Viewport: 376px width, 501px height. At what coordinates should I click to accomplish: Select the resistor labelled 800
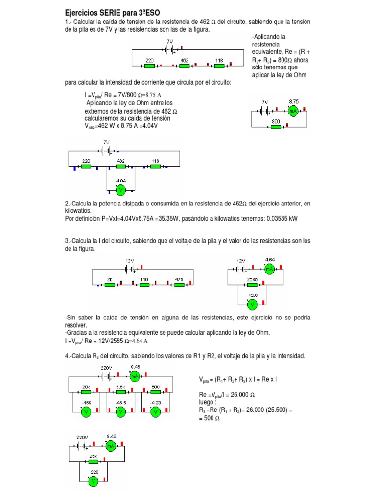click(x=276, y=127)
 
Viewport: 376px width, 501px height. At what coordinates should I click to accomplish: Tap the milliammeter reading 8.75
click(x=293, y=111)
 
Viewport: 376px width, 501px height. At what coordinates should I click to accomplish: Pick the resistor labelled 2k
click(x=110, y=285)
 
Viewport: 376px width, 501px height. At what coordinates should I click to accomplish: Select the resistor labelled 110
click(x=144, y=285)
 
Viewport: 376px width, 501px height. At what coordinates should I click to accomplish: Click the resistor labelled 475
click(x=179, y=285)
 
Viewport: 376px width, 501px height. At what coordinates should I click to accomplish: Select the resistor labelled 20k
click(x=87, y=391)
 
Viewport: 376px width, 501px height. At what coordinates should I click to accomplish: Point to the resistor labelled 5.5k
click(x=121, y=391)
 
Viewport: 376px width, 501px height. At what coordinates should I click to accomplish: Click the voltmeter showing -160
click(x=87, y=412)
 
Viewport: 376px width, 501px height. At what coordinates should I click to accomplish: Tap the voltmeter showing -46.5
click(x=121, y=412)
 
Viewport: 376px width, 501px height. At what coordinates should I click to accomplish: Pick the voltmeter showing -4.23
click(x=155, y=412)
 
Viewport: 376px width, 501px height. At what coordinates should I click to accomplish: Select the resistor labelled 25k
click(x=93, y=461)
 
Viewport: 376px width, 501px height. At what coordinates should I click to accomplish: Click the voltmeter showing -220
click(x=93, y=481)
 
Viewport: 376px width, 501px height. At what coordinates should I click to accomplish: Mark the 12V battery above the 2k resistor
click(x=130, y=269)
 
